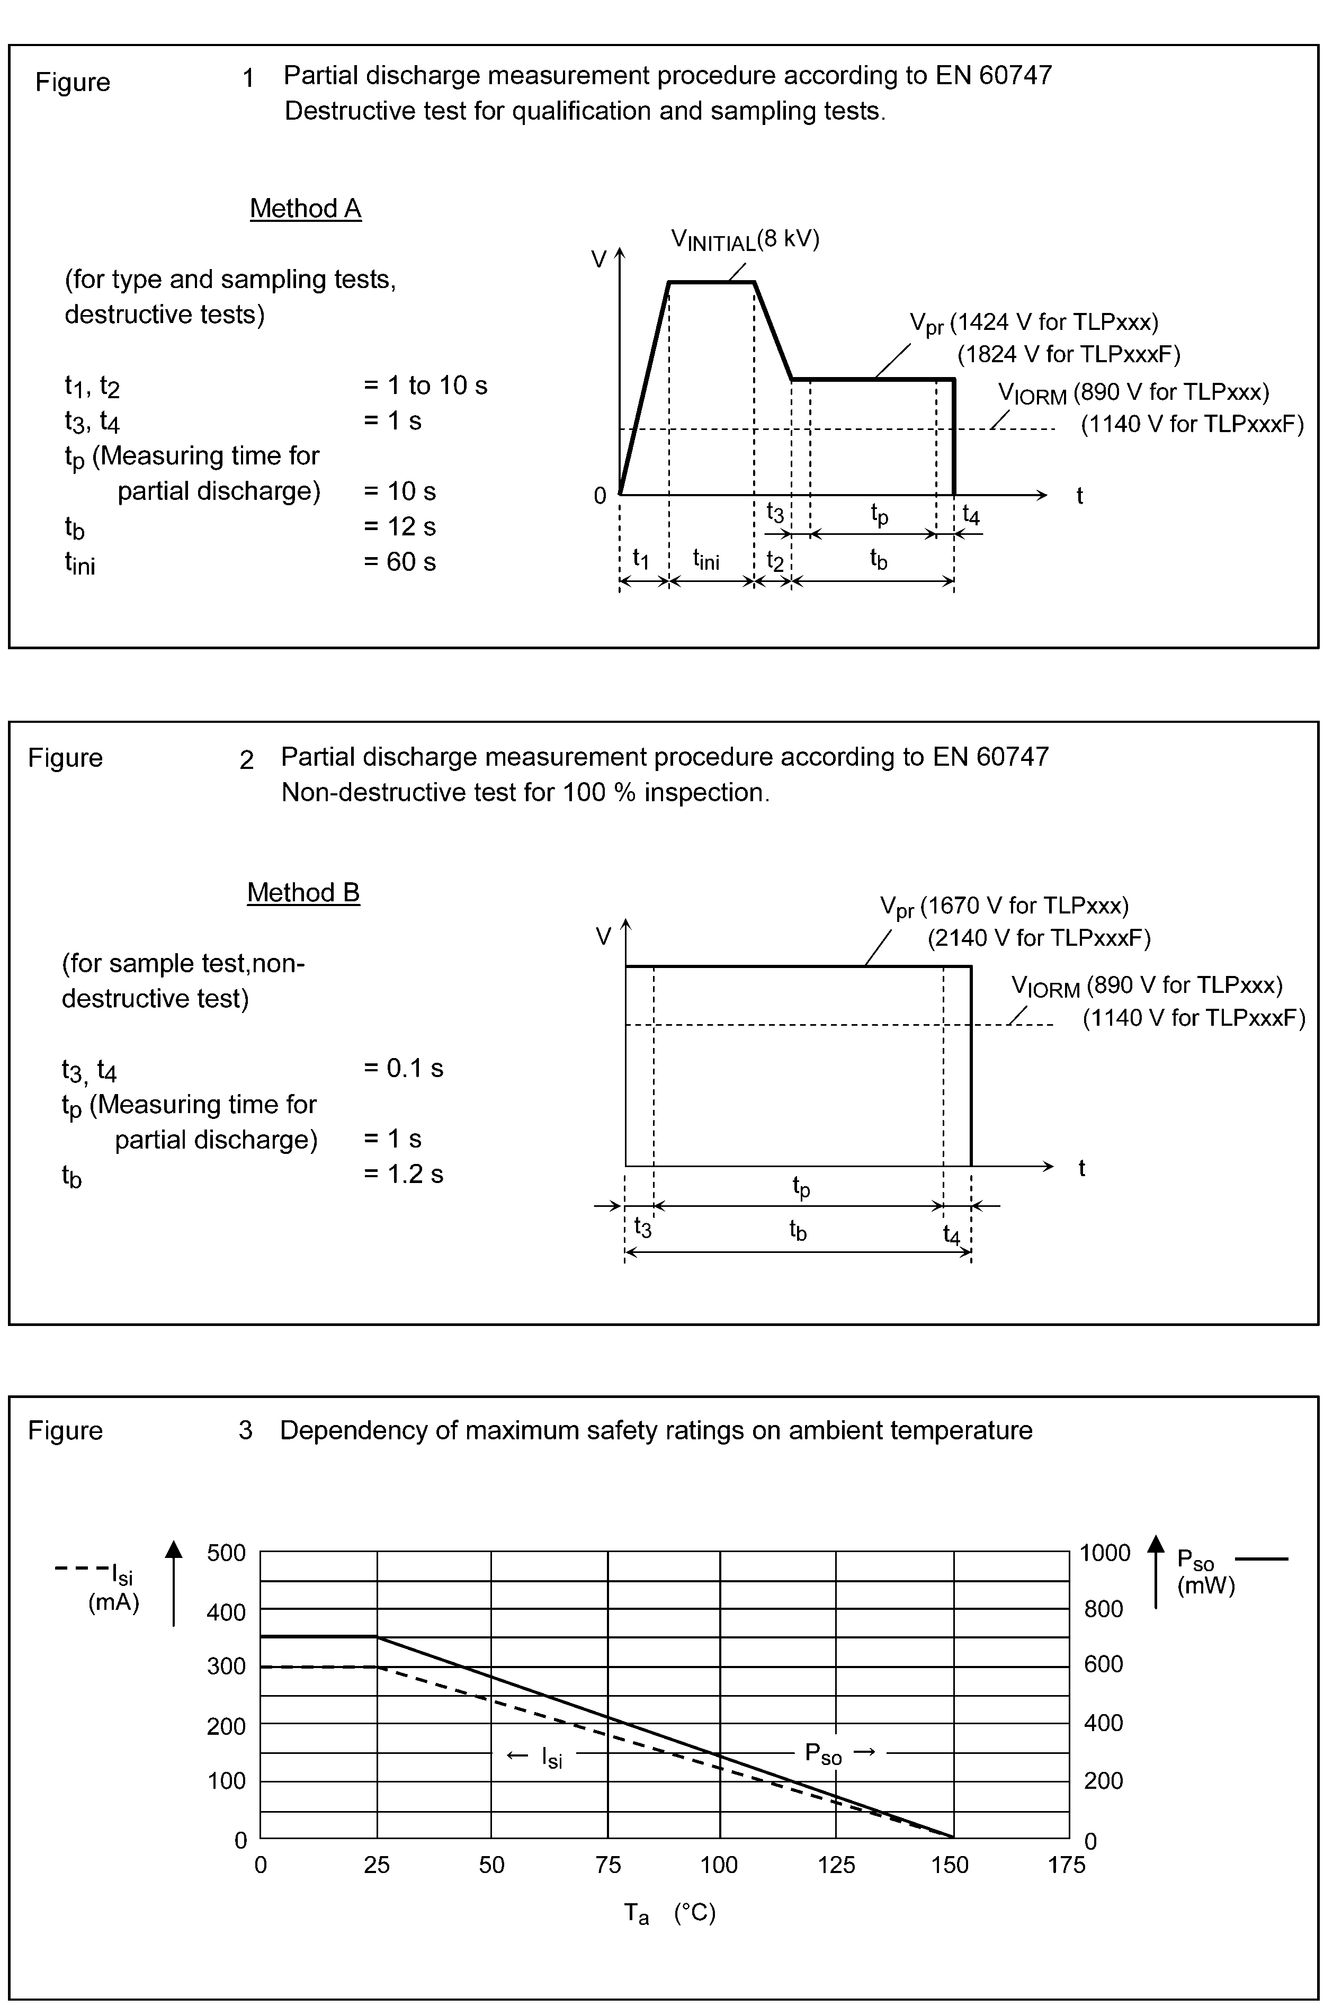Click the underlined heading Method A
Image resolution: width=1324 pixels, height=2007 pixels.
tap(305, 209)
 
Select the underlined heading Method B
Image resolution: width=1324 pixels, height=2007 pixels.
tap(303, 892)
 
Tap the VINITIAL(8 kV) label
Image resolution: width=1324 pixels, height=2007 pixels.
tap(745, 240)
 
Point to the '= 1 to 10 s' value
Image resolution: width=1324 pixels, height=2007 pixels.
tap(426, 386)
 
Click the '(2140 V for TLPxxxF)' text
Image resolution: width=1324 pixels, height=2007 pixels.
tap(1039, 938)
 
